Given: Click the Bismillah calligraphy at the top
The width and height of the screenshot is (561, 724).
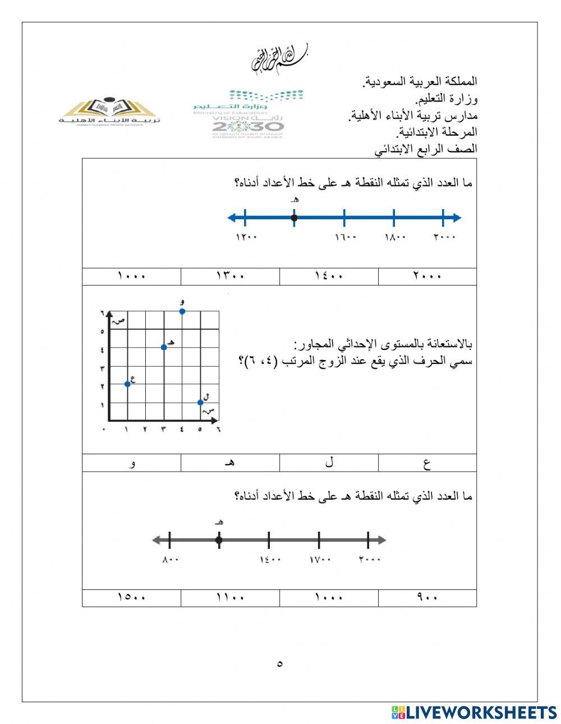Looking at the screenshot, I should (280, 58).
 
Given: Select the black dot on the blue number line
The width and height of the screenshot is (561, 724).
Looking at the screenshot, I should (295, 218).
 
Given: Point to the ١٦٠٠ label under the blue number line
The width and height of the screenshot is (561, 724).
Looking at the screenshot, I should (346, 237).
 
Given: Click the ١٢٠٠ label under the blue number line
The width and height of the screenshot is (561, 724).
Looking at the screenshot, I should (246, 237).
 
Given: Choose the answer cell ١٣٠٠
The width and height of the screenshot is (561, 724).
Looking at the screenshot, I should (230, 276).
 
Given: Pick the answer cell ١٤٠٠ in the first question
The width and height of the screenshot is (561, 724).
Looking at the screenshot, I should (329, 276).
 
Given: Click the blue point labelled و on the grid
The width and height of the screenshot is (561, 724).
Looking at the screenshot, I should (182, 311).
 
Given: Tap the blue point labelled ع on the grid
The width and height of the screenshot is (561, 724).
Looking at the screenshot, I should (127, 384).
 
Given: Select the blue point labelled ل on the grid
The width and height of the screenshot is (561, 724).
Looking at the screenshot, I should (200, 402).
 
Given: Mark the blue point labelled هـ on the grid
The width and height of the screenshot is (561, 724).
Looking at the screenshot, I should (164, 347).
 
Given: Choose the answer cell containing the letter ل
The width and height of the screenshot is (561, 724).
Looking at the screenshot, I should (329, 463).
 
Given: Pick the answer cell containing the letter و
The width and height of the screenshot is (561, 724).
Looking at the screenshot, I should (132, 463).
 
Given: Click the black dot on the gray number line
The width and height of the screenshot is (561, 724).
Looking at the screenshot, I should (219, 540).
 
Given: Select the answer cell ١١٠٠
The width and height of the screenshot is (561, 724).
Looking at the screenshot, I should (230, 598).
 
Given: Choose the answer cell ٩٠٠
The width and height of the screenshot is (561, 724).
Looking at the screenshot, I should (427, 598).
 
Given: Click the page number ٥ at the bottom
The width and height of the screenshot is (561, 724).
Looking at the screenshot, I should (279, 664).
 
